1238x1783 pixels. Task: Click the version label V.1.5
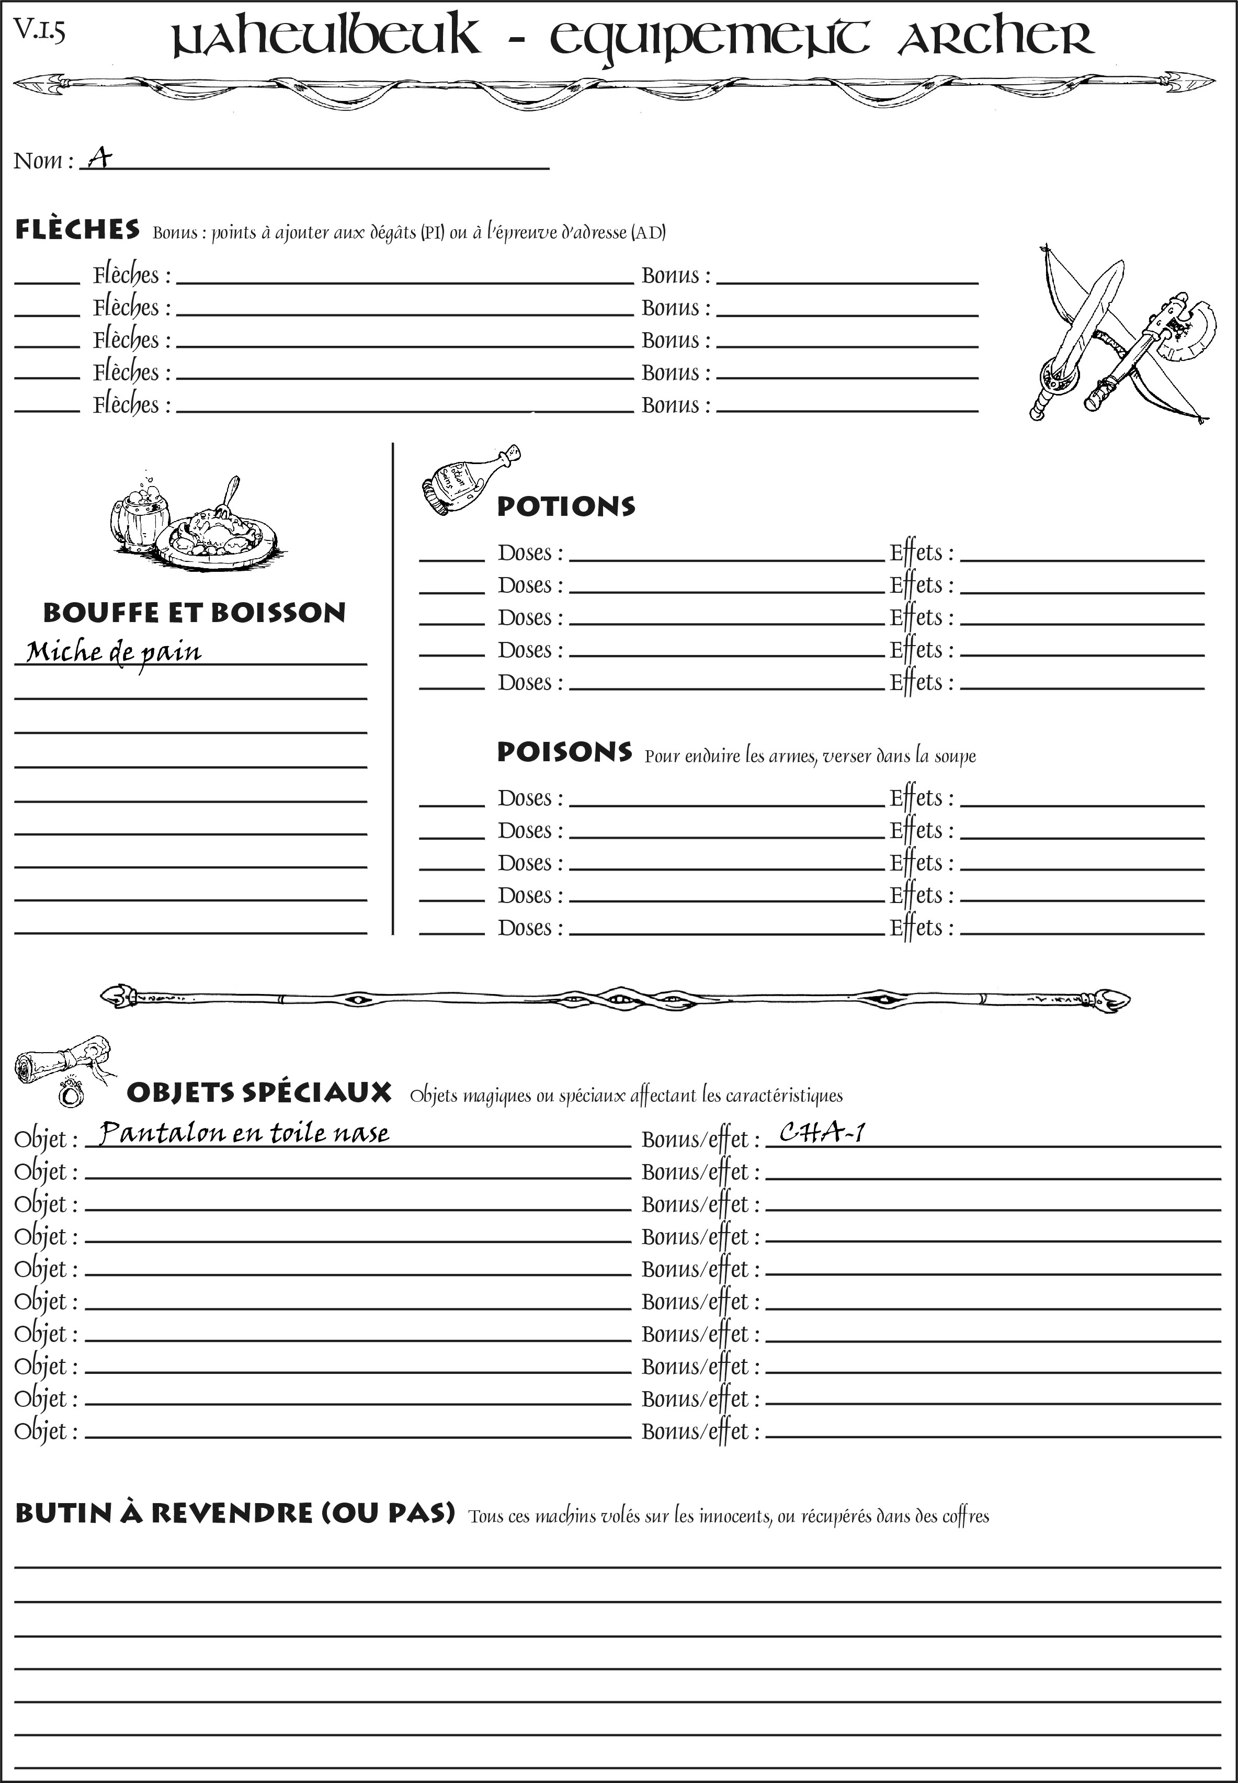(x=39, y=30)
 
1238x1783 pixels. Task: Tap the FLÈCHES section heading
(x=77, y=230)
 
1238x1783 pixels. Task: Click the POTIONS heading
(x=565, y=506)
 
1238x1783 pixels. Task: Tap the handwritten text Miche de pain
(x=113, y=652)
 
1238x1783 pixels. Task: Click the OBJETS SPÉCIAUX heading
(x=258, y=1092)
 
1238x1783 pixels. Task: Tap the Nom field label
(x=43, y=161)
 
